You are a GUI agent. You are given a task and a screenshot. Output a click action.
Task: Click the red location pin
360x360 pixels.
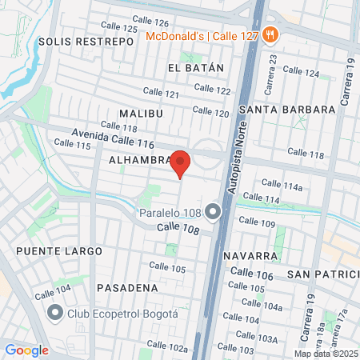181,162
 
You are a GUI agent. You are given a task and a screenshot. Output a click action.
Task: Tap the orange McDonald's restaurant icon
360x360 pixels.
271,34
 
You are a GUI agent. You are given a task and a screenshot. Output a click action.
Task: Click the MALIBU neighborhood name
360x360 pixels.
141,114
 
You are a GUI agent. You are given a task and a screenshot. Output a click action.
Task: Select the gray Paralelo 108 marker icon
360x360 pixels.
212,212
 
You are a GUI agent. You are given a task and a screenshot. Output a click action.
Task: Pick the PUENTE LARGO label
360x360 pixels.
58,251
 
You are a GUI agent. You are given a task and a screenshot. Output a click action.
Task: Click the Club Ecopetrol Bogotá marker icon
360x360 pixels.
55,312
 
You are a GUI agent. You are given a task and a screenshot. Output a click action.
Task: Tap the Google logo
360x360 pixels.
26,350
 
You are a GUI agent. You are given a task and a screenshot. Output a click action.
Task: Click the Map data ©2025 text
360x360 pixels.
325,354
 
